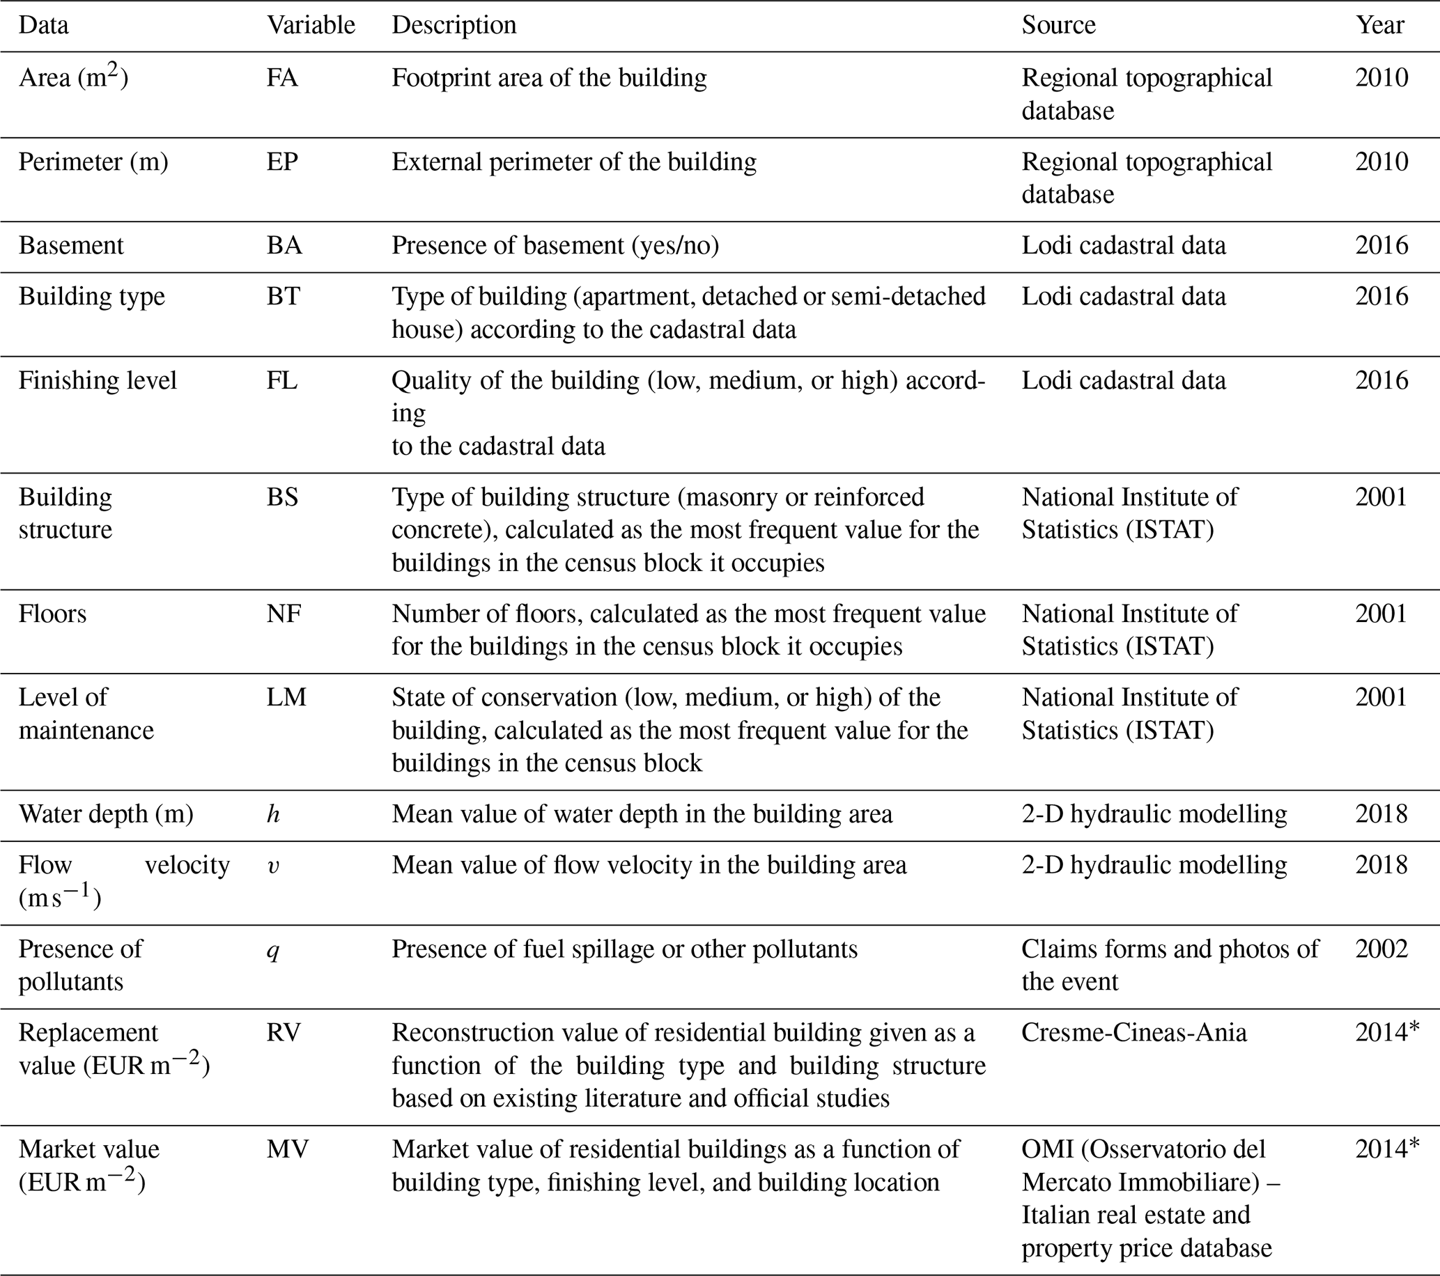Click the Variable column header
pos(311,25)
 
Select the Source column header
pos(1058,25)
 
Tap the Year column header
pos(1379,25)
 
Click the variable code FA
pos(282,77)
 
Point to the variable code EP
pos(282,162)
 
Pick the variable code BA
pos(284,245)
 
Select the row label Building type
pos(91,297)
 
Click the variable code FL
pos(282,380)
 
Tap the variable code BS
pos(283,497)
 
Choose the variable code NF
pos(284,614)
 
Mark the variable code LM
pos(286,697)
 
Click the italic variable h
pos(273,815)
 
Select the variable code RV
pos(284,1032)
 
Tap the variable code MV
pos(288,1149)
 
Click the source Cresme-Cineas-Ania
pos(1133,1032)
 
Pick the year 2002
pos(1381,949)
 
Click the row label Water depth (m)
pos(106,814)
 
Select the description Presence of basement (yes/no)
pos(555,245)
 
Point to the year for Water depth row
pos(1381,814)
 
